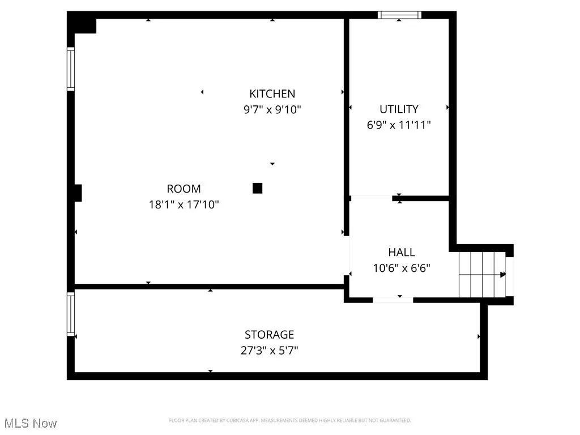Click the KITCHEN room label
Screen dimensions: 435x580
[x=272, y=93]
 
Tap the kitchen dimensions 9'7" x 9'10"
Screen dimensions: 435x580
[x=272, y=109]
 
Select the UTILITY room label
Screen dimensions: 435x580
[x=399, y=109]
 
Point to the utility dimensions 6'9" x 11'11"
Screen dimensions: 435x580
[x=399, y=125]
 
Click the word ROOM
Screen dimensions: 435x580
[x=184, y=189]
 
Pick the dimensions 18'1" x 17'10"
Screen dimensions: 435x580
[x=184, y=204]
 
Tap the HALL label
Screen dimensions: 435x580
[x=401, y=252]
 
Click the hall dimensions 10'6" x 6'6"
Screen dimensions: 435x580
[x=401, y=268]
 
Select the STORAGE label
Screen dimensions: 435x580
[x=269, y=334]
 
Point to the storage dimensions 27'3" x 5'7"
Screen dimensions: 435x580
[x=269, y=351]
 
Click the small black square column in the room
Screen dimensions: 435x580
[x=257, y=188]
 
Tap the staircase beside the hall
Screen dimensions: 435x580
[x=481, y=274]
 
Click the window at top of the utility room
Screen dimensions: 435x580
[x=400, y=15]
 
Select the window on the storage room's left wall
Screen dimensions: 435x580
[x=71, y=314]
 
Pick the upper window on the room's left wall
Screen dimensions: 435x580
[x=71, y=69]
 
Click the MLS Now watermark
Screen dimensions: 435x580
[x=29, y=423]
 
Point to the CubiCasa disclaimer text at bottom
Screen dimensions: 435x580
[x=290, y=420]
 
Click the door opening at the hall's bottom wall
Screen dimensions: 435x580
[x=393, y=300]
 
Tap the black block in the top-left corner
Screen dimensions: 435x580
[x=82, y=24]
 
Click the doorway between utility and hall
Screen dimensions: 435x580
[x=371, y=198]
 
